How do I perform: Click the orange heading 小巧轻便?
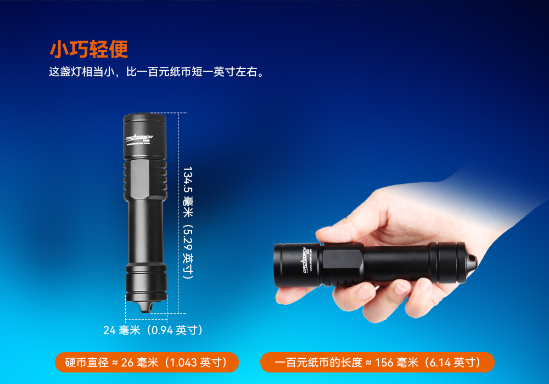click(x=88, y=49)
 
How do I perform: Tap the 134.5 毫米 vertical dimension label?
click(x=188, y=222)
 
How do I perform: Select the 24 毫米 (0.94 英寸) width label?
click(x=153, y=330)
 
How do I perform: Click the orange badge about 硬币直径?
click(x=147, y=363)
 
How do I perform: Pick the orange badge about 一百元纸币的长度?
click(x=377, y=363)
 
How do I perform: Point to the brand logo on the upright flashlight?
click(x=142, y=138)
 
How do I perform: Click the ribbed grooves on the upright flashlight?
click(x=145, y=178)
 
